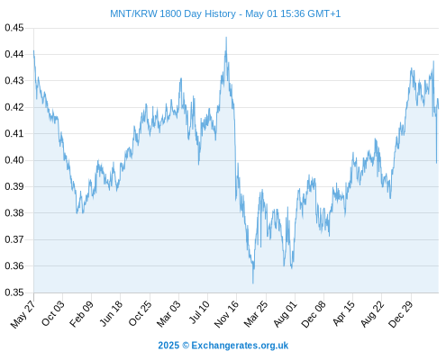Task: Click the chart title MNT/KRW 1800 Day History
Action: click(x=173, y=13)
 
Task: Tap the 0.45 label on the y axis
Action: click(x=14, y=28)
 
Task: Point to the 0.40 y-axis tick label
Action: click(x=14, y=160)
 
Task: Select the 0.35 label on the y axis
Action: click(x=14, y=292)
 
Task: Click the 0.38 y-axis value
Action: click(x=14, y=213)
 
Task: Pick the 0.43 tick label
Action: click(x=14, y=81)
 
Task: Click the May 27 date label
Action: click(x=23, y=314)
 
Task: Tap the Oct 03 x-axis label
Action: click(x=53, y=313)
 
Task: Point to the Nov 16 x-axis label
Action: click(x=226, y=314)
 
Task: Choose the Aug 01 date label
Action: click(x=285, y=314)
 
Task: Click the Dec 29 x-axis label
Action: click(x=401, y=314)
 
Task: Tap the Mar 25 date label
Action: click(x=256, y=314)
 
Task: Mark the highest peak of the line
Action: click(x=226, y=37)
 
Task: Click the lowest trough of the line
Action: click(x=253, y=283)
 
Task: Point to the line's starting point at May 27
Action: click(x=33, y=50)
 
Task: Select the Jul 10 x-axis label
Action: click(x=198, y=312)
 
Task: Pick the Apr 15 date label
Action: click(x=343, y=313)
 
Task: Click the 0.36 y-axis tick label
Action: click(x=14, y=266)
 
